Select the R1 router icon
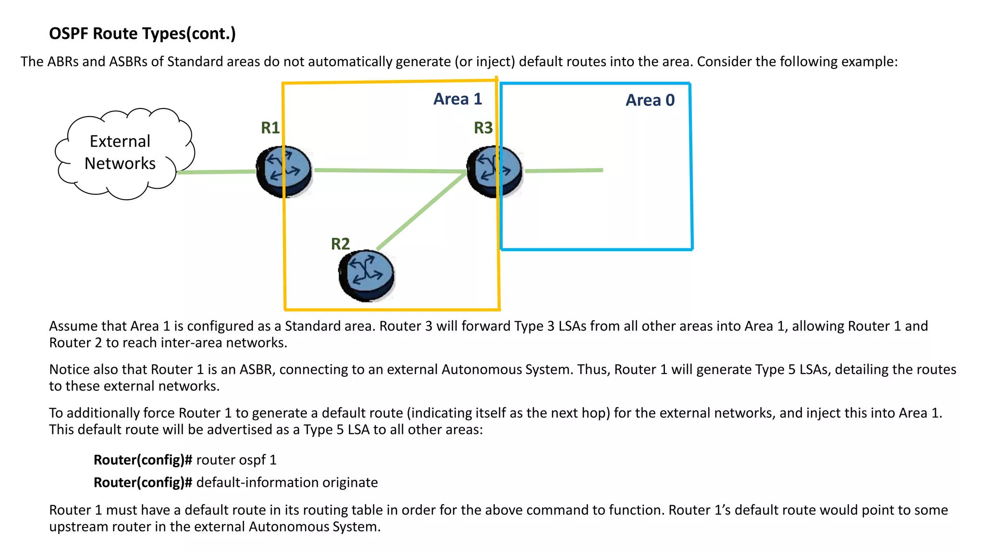click(x=284, y=171)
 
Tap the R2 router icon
click(x=366, y=275)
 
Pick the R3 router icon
click(x=495, y=171)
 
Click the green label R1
click(x=270, y=128)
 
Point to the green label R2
click(x=340, y=244)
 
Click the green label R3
click(x=483, y=128)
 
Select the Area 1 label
click(x=457, y=99)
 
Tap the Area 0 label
click(x=650, y=100)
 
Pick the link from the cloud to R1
click(x=216, y=172)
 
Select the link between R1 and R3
click(x=389, y=170)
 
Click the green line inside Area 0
click(x=565, y=170)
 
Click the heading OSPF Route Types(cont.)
click(x=142, y=34)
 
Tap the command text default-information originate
click(x=287, y=482)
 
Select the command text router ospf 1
click(x=236, y=460)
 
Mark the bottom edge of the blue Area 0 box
click(x=596, y=250)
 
